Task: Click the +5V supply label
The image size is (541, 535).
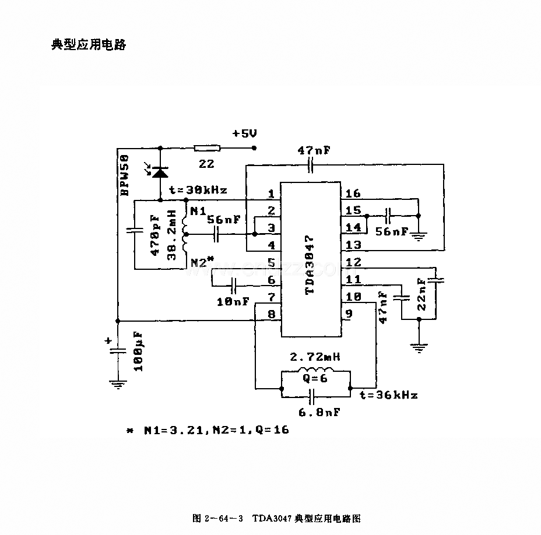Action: click(x=245, y=133)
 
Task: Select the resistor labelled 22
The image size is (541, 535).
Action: click(x=207, y=149)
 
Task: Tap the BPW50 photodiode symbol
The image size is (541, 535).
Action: click(x=160, y=172)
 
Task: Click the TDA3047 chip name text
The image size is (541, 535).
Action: click(x=310, y=265)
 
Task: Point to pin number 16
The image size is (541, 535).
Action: click(x=353, y=193)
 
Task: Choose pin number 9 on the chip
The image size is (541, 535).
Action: click(x=349, y=314)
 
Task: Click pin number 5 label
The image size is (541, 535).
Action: click(x=272, y=262)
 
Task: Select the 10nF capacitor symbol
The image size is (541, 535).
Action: click(x=234, y=286)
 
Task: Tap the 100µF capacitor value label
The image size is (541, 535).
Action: click(x=138, y=352)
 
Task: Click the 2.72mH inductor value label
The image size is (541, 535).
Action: click(x=315, y=357)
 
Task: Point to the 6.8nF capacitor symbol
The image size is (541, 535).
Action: click(x=312, y=397)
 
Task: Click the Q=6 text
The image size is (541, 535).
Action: click(x=315, y=378)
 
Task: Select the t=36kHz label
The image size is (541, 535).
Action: click(x=388, y=395)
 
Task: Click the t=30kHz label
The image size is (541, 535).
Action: click(x=198, y=190)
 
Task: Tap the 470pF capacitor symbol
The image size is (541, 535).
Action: click(x=135, y=230)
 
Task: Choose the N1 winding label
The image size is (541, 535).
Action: click(x=198, y=211)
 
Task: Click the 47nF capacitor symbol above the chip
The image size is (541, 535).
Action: click(x=311, y=165)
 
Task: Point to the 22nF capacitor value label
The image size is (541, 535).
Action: click(x=421, y=294)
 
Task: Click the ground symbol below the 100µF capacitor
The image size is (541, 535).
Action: click(x=118, y=384)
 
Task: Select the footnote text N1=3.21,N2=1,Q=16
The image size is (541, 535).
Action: click(x=216, y=430)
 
